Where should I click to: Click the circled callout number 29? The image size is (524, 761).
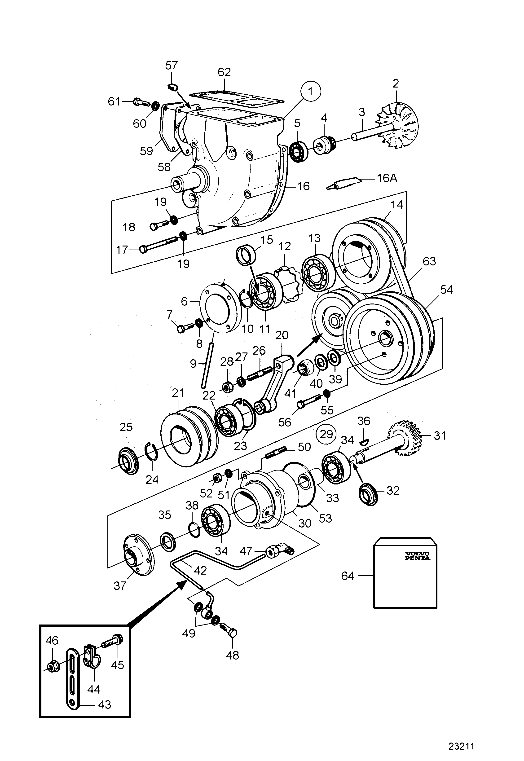coord(326,434)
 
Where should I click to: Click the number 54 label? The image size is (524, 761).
coord(446,290)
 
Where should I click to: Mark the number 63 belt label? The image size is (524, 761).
coord(429,261)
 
